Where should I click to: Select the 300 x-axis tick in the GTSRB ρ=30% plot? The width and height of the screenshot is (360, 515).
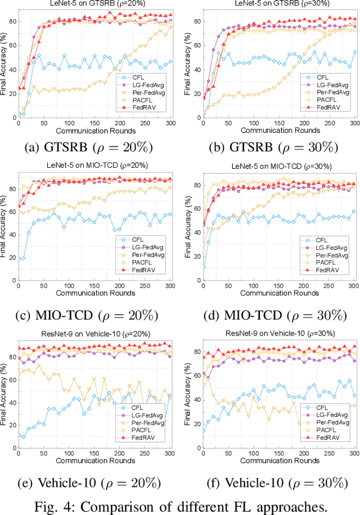point(354,123)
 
